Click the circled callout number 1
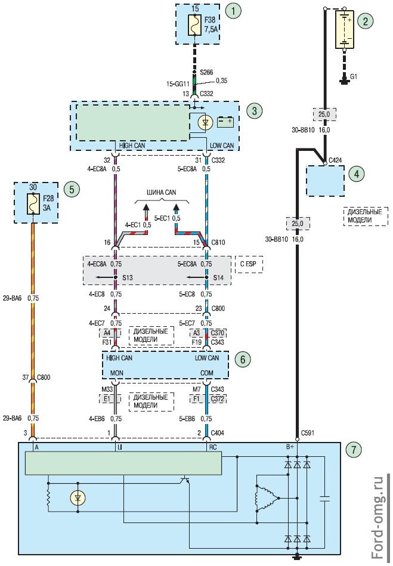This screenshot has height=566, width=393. [236, 11]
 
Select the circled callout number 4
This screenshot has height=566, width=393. [356, 174]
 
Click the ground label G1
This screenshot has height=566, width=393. [354, 77]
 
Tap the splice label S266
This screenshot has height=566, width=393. [206, 71]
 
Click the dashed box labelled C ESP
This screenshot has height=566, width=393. [250, 264]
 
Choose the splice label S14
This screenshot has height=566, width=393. [218, 278]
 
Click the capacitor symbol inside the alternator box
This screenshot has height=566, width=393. [324, 499]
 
